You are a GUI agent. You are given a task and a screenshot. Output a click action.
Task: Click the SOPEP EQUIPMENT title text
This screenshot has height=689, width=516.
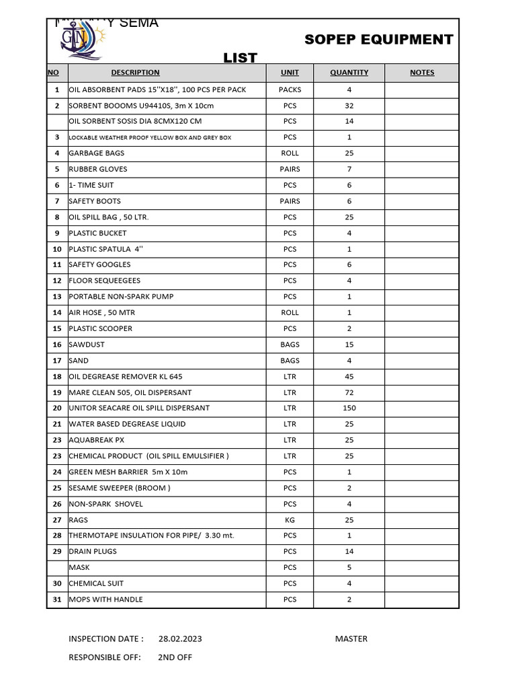[378, 40]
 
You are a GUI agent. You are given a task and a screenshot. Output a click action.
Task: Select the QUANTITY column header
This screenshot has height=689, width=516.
[349, 73]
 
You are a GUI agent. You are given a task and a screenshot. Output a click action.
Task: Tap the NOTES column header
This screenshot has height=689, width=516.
[422, 73]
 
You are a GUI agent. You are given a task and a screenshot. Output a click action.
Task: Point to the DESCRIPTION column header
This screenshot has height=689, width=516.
[135, 73]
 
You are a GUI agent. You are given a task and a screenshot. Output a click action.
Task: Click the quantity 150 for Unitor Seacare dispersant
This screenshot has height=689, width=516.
[349, 408]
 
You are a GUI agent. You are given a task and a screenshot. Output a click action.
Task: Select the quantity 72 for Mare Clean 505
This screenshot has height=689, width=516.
[349, 392]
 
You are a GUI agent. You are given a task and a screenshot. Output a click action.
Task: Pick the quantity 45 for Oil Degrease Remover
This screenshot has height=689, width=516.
[349, 377]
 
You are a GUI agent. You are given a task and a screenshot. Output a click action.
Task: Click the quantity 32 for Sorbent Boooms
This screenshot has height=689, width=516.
[349, 106]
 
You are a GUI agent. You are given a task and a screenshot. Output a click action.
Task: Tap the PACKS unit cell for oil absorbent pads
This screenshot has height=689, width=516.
[290, 89]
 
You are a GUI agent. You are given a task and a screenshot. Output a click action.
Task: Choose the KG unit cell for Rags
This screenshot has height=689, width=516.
[290, 520]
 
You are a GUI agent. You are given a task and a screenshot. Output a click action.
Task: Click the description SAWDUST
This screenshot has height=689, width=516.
[87, 344]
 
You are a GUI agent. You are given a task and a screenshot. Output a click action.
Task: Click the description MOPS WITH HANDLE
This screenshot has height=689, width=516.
[105, 600]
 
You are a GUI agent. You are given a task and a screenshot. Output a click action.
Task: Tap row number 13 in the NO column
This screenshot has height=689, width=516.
[57, 297]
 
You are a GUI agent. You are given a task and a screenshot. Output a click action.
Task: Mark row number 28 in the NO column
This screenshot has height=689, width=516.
[57, 536]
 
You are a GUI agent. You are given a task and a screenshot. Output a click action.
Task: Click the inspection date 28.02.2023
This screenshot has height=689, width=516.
[180, 639]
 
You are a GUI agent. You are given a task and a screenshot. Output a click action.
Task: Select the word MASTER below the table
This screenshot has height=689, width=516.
[351, 639]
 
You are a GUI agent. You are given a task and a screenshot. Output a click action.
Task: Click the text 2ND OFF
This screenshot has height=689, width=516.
[175, 657]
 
